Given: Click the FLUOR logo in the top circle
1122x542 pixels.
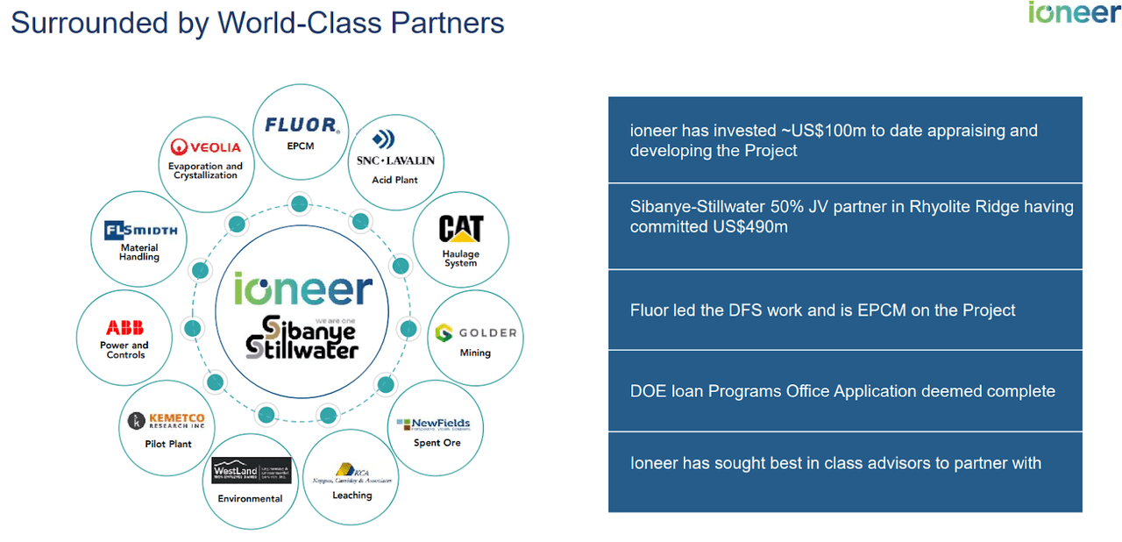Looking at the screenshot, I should (301, 125).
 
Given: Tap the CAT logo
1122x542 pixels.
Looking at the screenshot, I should (461, 230).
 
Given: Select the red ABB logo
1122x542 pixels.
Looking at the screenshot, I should (125, 328).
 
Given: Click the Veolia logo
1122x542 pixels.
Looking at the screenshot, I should (206, 147).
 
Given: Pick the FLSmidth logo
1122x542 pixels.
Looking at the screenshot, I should (140, 231).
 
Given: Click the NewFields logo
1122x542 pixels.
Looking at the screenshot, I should (434, 424).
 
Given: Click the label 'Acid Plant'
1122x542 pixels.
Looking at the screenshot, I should (395, 180).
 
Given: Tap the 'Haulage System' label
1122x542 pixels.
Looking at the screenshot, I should (461, 259).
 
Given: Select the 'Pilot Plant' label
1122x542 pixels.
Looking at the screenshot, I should (168, 445).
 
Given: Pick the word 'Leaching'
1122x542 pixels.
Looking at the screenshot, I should (352, 496).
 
